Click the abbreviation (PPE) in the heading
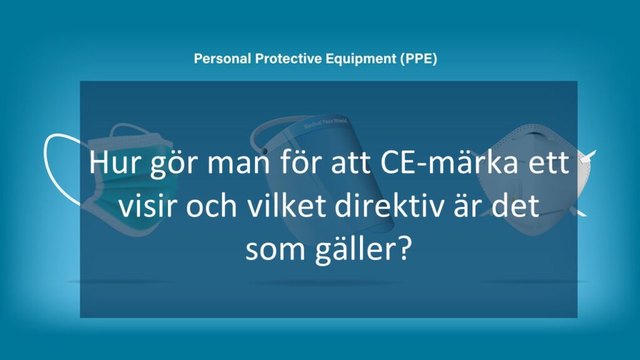(x=419, y=59)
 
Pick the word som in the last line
(x=269, y=249)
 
